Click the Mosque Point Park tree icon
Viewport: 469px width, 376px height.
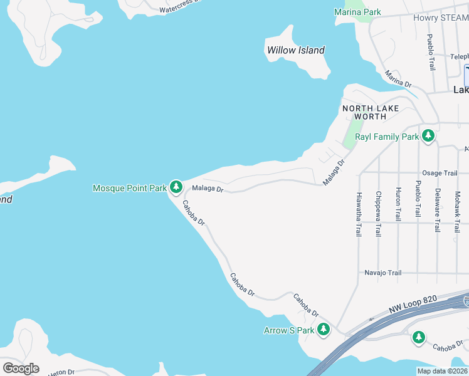(x=176, y=187)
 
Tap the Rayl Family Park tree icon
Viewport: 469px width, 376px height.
(x=428, y=136)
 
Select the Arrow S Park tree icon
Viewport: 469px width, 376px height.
(x=324, y=330)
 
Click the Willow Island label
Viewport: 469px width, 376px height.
(x=296, y=50)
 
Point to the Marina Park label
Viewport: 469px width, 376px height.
(x=357, y=12)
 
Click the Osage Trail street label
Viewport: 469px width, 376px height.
(x=440, y=173)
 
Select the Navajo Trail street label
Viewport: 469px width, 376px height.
(x=382, y=273)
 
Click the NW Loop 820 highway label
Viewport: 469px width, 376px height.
(x=411, y=306)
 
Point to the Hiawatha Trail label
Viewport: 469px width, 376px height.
(x=359, y=214)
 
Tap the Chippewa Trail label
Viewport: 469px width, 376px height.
(x=378, y=213)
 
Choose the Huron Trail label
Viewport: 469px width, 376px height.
(x=398, y=203)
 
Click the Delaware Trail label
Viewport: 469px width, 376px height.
(x=437, y=210)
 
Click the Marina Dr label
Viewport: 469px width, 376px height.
(x=398, y=79)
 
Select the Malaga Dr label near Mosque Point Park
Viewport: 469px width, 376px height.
(x=208, y=187)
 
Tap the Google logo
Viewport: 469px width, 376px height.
(x=20, y=368)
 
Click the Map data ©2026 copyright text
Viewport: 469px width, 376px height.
(x=442, y=371)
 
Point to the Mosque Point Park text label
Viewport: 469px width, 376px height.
(x=130, y=187)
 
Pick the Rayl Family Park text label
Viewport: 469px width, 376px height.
(x=387, y=137)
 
